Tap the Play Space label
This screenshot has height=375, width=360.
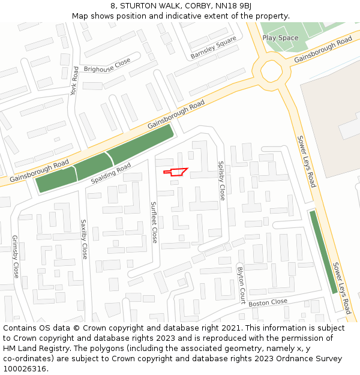(280, 38)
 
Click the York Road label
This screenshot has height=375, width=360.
(74, 81)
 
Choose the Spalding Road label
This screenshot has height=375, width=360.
(110, 173)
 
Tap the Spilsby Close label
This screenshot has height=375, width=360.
(221, 180)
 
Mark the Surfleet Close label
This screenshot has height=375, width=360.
(154, 222)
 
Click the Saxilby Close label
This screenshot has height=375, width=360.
(84, 239)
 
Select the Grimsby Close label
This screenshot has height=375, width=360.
(16, 257)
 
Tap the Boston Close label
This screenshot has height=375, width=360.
(268, 302)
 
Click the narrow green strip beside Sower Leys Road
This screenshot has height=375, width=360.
(323, 251)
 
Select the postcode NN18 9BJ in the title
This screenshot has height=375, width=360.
(233, 6)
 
